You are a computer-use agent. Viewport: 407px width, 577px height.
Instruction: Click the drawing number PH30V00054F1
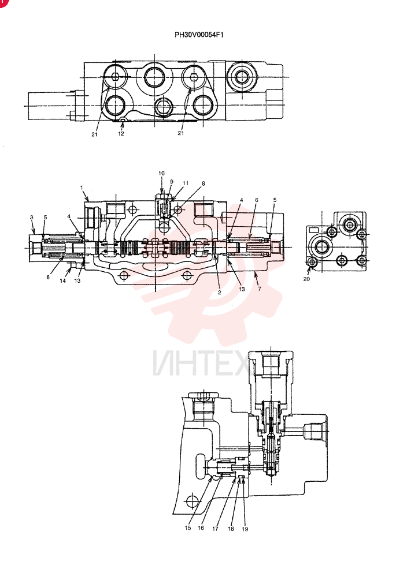(x=199, y=35)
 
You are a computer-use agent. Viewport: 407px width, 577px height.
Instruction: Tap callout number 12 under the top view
(x=121, y=134)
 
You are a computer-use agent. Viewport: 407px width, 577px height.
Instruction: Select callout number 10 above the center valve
(x=161, y=173)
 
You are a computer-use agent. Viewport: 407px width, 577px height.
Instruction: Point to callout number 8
(x=203, y=183)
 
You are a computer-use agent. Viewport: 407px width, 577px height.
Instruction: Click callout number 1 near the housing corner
(x=82, y=188)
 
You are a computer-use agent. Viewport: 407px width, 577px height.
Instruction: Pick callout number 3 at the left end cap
(x=32, y=218)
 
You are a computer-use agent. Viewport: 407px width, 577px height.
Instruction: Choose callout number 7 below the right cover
(x=260, y=289)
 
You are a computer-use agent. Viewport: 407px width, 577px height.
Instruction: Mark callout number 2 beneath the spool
(x=219, y=293)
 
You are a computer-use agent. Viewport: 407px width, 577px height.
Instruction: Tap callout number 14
(x=62, y=280)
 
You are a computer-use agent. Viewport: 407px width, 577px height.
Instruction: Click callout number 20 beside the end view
(x=306, y=279)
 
